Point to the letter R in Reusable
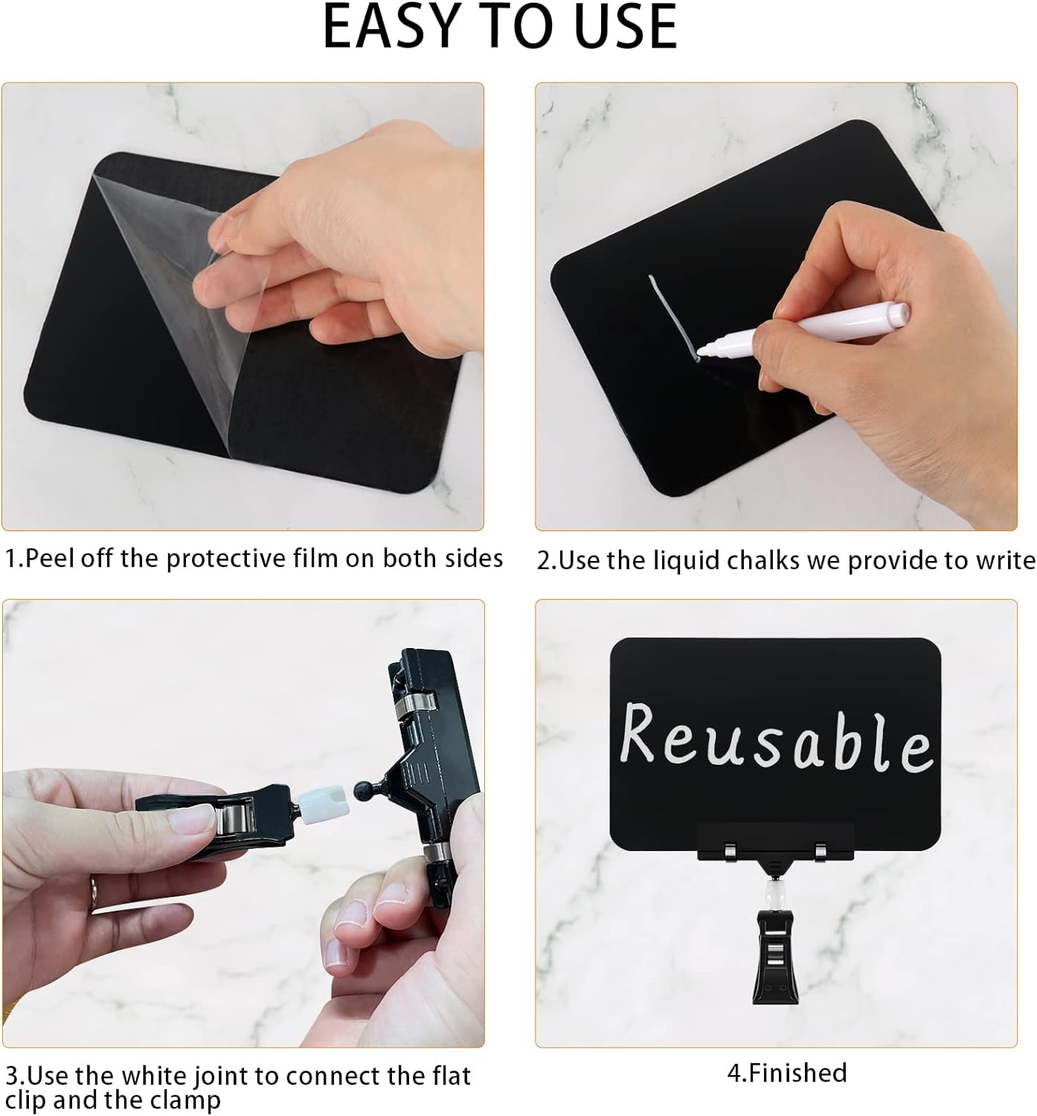pyautogui.click(x=642, y=734)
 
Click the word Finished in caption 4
pyautogui.click(x=797, y=1073)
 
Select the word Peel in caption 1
pyautogui.click(x=50, y=558)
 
